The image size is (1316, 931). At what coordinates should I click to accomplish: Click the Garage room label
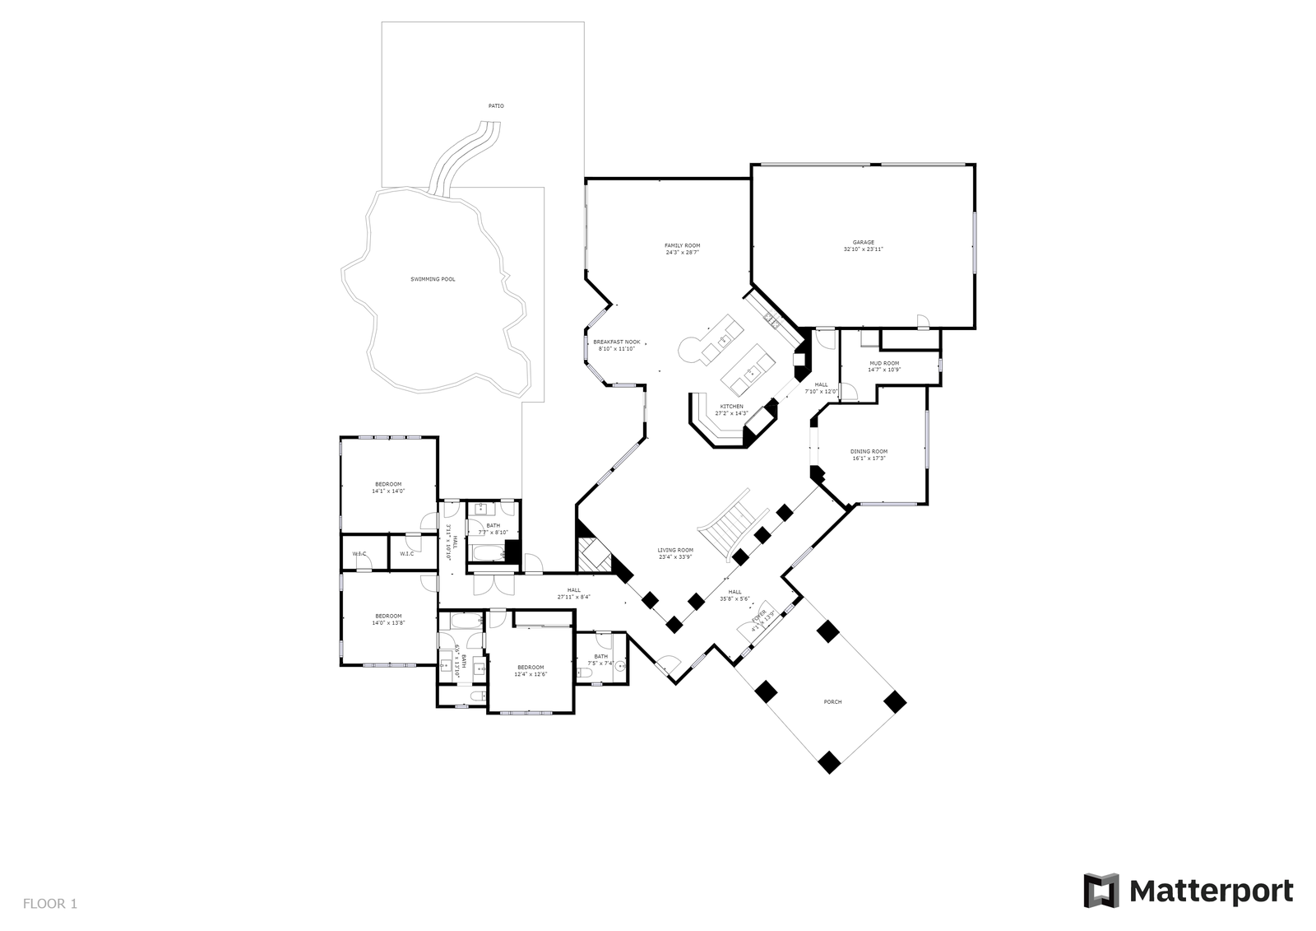(863, 245)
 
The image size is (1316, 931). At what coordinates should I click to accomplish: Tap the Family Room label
(682, 249)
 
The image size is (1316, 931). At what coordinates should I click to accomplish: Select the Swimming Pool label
(433, 279)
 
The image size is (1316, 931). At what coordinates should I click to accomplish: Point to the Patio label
(496, 106)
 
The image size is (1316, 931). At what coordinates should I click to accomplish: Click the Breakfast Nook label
(616, 345)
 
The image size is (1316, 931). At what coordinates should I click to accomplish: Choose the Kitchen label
(731, 409)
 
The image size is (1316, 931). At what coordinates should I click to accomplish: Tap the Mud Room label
(884, 366)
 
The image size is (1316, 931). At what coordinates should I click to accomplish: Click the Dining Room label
(869, 454)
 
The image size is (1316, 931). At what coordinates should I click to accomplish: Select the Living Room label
(675, 553)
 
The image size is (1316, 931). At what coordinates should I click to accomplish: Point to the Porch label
(832, 701)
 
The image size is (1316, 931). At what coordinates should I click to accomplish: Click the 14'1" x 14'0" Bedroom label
(388, 487)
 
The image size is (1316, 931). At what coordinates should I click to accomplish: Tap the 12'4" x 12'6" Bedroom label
(531, 670)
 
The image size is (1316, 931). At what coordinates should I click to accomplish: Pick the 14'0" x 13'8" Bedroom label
(388, 619)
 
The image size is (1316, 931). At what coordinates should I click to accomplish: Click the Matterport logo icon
(1101, 890)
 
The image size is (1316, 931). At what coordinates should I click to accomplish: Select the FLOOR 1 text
(50, 904)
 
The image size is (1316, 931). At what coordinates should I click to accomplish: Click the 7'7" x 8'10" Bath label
(493, 528)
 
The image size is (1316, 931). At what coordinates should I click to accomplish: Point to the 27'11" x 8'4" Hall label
(573, 594)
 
